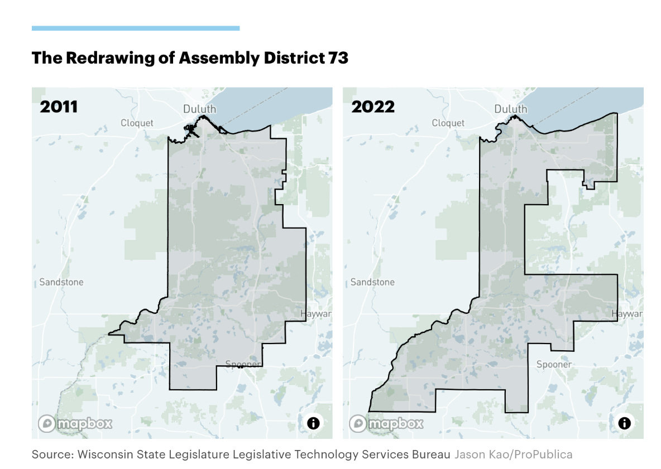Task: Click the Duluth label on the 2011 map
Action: (199, 109)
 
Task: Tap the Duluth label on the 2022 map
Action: (511, 109)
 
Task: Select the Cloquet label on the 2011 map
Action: (137, 123)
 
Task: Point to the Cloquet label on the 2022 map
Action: (448, 123)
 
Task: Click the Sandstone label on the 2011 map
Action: (61, 282)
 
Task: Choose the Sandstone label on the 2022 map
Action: (372, 282)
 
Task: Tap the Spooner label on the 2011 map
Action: (243, 364)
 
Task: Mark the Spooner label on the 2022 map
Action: (554, 364)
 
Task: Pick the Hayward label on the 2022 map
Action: (627, 314)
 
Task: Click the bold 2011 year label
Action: (59, 107)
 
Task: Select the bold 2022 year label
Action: (372, 107)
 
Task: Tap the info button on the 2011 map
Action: (313, 423)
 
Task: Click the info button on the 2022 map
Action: (624, 423)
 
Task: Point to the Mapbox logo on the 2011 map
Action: (75, 424)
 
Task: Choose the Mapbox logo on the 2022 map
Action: (386, 424)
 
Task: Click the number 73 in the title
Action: (338, 58)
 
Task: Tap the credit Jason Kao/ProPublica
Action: (513, 455)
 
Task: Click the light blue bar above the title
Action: (136, 28)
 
